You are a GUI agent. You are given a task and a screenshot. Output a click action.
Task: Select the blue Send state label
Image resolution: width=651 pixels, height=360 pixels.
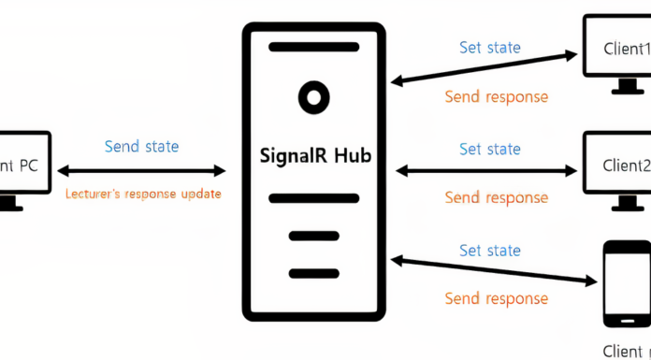[141, 146]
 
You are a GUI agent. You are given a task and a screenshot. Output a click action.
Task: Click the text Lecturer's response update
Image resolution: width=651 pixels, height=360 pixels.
[142, 194]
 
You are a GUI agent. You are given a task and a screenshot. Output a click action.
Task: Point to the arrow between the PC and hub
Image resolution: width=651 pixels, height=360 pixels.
[142, 171]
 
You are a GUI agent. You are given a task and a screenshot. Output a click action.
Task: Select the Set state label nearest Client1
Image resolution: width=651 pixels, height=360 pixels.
[490, 47]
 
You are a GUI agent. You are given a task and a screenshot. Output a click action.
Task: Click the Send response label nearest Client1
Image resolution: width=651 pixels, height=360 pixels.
[496, 96]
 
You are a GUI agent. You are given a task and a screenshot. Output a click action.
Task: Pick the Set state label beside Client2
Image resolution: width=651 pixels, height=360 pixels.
[490, 149]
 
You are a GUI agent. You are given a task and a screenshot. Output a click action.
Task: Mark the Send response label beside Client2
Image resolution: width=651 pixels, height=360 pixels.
[496, 197]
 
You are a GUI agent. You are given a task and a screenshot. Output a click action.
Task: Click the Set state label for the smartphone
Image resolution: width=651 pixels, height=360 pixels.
[490, 250]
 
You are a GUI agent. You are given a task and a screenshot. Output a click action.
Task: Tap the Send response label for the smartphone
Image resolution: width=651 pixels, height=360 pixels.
[496, 298]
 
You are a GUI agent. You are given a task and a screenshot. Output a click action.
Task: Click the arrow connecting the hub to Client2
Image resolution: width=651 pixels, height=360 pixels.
[486, 171]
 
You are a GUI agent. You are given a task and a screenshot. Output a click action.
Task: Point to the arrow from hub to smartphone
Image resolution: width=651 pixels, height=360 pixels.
[494, 268]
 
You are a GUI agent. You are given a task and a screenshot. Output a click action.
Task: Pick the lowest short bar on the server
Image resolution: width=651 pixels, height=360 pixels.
[313, 273]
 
